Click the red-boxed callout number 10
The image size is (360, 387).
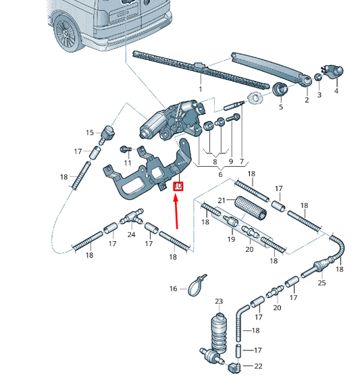tap(178, 186)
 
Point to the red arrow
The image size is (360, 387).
tap(176, 211)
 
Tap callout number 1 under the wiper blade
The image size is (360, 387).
tap(200, 89)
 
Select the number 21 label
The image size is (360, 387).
tap(222, 200)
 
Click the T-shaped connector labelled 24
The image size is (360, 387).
tap(132, 217)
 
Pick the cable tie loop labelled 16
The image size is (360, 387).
tap(197, 286)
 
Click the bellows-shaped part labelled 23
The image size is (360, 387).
tap(219, 332)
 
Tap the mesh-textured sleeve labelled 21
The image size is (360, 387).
tap(250, 207)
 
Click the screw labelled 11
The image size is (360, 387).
tap(126, 149)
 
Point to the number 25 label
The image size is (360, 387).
tap(322, 282)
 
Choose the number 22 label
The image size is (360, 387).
tap(258, 366)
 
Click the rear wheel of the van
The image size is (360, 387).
tap(67, 33)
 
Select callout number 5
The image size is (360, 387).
tap(281, 107)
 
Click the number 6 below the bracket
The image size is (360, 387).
tap(220, 174)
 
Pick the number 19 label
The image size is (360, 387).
tap(231, 239)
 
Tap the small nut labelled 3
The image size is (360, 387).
tap(318, 77)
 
